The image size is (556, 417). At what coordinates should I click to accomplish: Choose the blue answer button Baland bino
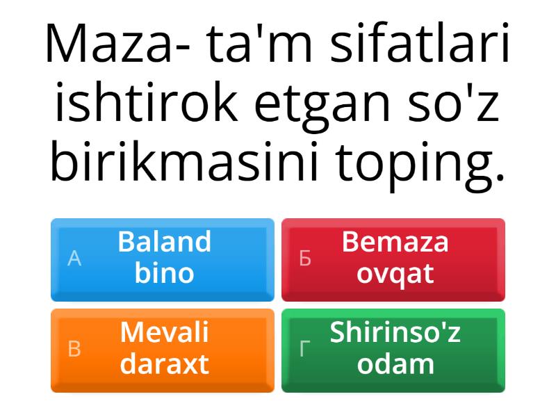tap(163, 259)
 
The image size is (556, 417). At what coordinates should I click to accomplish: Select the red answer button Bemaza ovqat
tap(393, 259)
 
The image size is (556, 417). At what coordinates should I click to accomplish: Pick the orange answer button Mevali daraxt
tap(163, 350)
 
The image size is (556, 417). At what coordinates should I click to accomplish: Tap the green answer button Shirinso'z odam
tap(393, 350)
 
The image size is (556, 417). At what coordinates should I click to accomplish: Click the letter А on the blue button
tap(74, 259)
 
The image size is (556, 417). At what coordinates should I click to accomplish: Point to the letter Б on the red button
tap(304, 259)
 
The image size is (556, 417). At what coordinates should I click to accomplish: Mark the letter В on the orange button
tap(74, 350)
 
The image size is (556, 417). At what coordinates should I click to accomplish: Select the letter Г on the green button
tap(304, 350)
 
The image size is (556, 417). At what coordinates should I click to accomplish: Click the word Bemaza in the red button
tap(395, 243)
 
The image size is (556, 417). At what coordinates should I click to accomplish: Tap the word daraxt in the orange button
tap(164, 364)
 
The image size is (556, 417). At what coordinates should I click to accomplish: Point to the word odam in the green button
tap(395, 364)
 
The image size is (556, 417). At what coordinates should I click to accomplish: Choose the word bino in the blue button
tap(164, 273)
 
